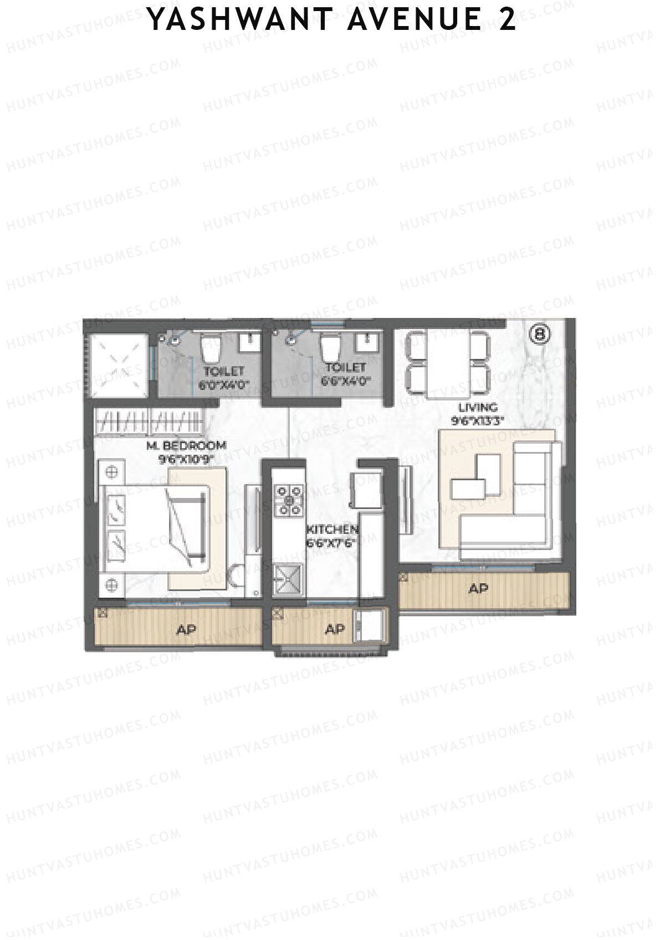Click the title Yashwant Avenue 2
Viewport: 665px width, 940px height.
(x=332, y=20)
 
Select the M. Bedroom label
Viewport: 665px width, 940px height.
(x=186, y=445)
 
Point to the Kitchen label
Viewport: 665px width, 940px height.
(x=332, y=530)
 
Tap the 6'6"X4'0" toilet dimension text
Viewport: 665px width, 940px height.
(x=345, y=381)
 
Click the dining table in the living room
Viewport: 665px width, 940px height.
(x=448, y=363)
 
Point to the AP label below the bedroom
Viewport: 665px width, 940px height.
(x=187, y=630)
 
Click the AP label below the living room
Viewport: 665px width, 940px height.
(x=478, y=588)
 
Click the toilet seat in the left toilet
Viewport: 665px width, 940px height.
(x=211, y=347)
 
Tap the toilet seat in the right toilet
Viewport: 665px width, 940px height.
(x=331, y=346)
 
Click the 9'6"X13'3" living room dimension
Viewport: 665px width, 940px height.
(x=477, y=420)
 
